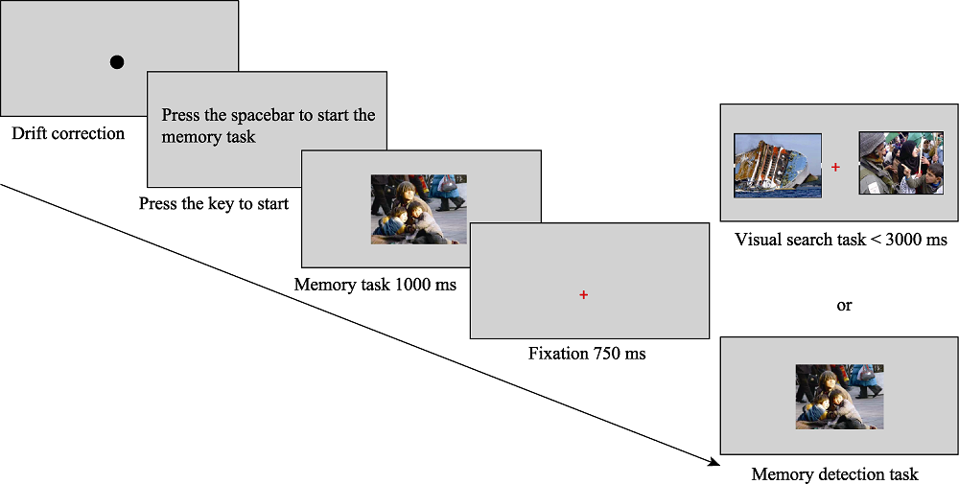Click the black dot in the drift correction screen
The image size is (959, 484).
117,62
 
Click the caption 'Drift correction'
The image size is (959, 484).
68,133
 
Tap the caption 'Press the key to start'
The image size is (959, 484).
214,203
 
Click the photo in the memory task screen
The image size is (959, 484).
419,209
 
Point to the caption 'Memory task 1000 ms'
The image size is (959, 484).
375,285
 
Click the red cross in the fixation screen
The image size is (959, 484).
583,294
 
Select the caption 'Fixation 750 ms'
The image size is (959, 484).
587,354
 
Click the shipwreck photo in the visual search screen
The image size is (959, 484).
778,165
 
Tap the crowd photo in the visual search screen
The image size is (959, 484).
901,165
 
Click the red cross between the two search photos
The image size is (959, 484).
835,167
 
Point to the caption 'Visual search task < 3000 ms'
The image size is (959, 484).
841,240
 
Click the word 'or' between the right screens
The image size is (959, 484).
844,306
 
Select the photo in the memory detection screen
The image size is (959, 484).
839,396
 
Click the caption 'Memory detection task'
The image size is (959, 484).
834,473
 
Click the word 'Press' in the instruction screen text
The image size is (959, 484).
180,115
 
